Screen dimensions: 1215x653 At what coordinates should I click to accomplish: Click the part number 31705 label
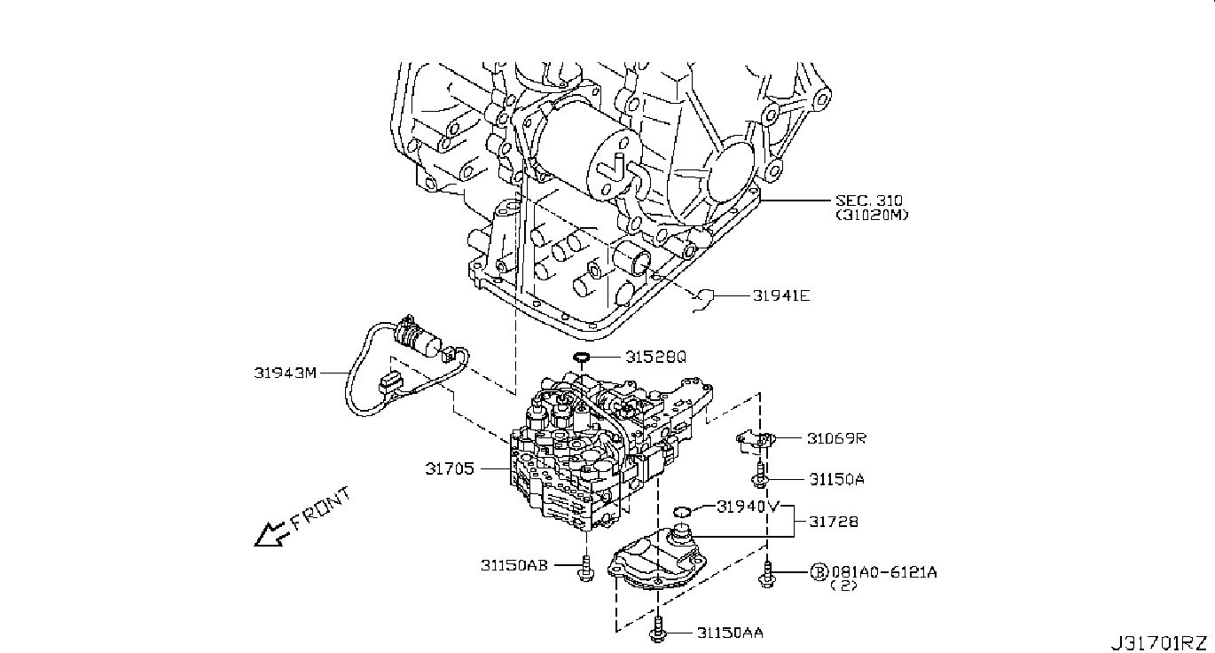tap(449, 468)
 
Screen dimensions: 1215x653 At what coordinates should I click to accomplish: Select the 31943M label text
tap(286, 373)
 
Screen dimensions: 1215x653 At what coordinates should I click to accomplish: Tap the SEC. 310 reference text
tap(868, 201)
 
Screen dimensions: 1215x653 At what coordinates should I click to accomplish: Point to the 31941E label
tap(780, 295)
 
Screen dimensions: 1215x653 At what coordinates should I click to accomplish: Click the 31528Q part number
tap(655, 357)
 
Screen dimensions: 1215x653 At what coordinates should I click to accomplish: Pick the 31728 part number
tap(834, 522)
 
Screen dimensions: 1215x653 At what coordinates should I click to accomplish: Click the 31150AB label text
tap(514, 565)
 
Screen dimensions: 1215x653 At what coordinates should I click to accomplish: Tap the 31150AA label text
tap(730, 633)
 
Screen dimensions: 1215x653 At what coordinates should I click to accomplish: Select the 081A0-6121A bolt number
tap(884, 571)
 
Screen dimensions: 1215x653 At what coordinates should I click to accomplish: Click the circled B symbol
tap(819, 571)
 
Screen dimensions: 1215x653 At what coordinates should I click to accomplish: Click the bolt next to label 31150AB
tap(585, 568)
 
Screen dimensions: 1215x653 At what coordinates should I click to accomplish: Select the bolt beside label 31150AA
tap(657, 630)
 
